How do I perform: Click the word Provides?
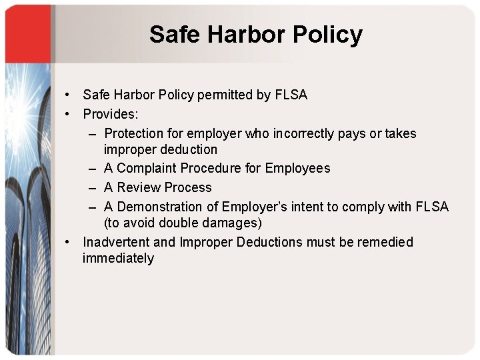(x=110, y=114)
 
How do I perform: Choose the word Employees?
(x=297, y=168)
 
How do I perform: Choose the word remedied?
(x=385, y=242)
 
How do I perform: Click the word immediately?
(x=118, y=259)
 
